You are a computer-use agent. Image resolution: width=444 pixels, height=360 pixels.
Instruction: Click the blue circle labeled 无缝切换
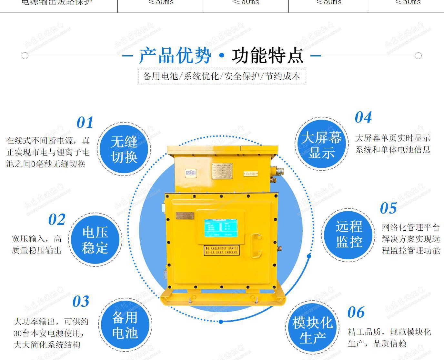click(x=124, y=149)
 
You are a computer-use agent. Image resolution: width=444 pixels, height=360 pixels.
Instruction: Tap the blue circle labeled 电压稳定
click(x=95, y=240)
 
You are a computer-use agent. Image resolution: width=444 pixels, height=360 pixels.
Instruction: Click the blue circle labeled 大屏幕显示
click(x=321, y=145)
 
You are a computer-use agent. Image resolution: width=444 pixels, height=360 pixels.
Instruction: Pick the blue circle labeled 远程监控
click(x=348, y=234)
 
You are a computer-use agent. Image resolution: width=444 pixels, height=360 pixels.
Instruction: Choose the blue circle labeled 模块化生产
click(x=312, y=330)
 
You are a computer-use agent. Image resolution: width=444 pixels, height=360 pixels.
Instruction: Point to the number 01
click(x=85, y=123)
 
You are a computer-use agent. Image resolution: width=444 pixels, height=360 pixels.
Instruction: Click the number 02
click(x=57, y=220)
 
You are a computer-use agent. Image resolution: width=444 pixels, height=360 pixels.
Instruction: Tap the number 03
click(x=81, y=302)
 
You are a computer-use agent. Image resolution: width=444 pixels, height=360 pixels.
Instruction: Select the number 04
click(x=363, y=117)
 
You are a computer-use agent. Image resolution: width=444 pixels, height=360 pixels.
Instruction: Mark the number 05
click(x=388, y=208)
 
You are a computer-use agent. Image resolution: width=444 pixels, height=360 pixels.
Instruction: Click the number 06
click(x=356, y=312)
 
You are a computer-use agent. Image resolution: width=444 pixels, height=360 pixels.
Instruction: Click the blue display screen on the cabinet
click(x=221, y=230)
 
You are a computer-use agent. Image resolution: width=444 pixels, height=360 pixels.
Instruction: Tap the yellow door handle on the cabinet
click(x=256, y=245)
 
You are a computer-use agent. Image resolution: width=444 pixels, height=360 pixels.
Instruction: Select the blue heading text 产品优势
click(x=175, y=55)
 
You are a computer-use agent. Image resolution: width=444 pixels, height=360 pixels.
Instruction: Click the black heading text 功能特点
click(x=267, y=55)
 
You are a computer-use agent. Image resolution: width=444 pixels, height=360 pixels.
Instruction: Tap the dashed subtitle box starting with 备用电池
click(x=221, y=76)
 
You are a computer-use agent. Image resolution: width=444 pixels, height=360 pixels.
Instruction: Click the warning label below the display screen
click(x=222, y=251)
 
